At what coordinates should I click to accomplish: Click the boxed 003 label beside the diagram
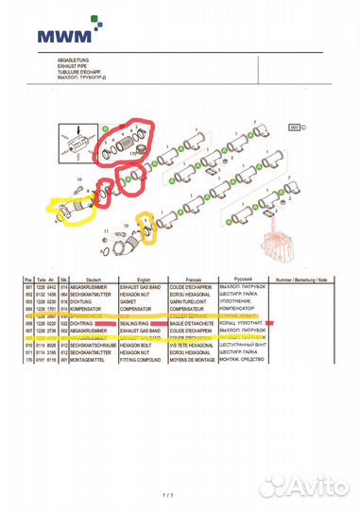coord(294,127)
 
